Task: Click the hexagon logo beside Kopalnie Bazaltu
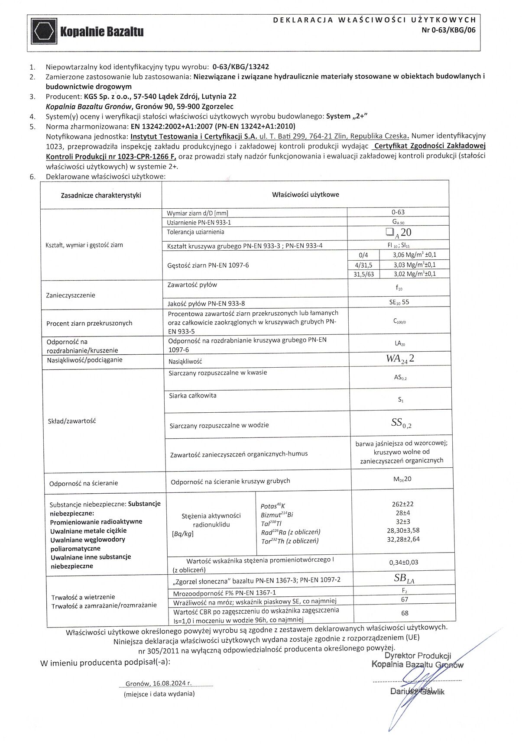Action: point(44,32)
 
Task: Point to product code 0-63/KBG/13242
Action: point(240,67)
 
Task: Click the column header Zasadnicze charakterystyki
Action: point(101,195)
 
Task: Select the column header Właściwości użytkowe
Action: point(305,194)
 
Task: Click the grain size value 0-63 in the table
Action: point(398,212)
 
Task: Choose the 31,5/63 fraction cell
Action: point(363,274)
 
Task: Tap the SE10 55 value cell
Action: point(399,302)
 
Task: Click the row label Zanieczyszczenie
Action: point(70,295)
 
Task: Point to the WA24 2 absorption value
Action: point(400,359)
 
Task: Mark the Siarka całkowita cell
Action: point(193,395)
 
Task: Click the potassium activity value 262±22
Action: point(402,504)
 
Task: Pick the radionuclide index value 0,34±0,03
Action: point(404,563)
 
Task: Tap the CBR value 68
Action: point(405,613)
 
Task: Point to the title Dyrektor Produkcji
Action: point(418,656)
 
